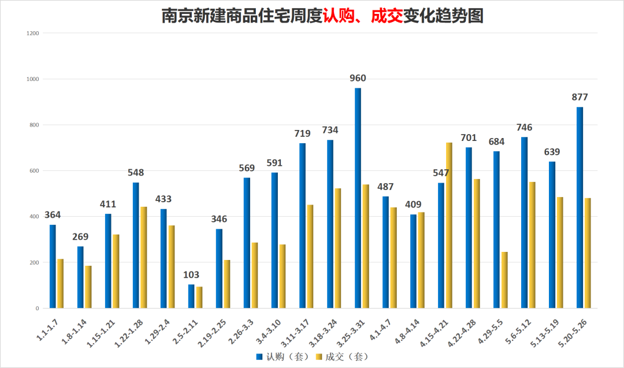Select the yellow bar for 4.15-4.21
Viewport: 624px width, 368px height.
pos(449,225)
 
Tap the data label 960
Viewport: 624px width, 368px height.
pos(358,79)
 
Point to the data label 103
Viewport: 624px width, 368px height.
pos(191,275)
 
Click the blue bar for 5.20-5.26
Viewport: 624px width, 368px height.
pos(580,208)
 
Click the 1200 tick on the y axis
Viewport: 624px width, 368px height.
pos(32,33)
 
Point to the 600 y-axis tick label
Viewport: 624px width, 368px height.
pos(34,171)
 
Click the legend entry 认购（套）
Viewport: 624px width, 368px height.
pos(283,356)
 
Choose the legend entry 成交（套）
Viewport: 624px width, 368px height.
pos(343,356)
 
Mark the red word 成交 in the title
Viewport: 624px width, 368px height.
pos(387,16)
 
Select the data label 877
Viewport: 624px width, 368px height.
pos(580,97)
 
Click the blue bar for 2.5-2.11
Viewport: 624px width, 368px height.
pos(191,296)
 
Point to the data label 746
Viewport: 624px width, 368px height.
pos(524,128)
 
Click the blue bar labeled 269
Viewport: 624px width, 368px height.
pos(80,277)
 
